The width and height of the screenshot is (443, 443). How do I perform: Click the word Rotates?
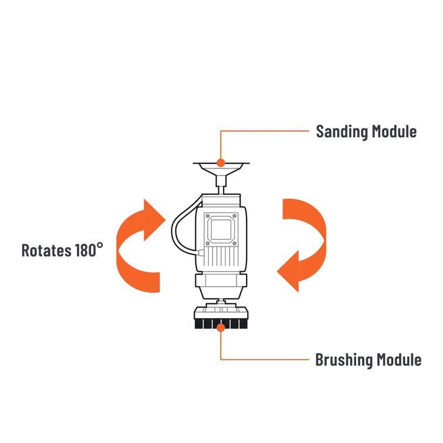pyautogui.click(x=46, y=250)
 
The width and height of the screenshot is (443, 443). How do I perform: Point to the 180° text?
pyautogui.click(x=89, y=250)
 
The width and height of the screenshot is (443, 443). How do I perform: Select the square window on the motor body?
pyautogui.click(x=221, y=229)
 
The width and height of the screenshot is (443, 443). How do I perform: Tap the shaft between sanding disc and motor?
pyautogui.click(x=221, y=185)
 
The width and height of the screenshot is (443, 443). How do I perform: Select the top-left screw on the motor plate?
pyautogui.click(x=207, y=215)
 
